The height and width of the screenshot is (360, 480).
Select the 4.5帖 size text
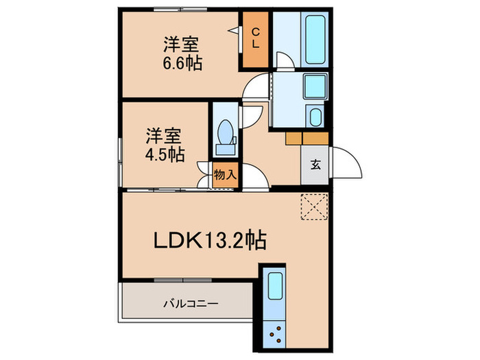point(164,154)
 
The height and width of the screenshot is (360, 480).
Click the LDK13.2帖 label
point(209,241)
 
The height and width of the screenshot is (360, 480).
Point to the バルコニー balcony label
point(190,302)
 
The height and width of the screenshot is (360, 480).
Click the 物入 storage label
point(225,174)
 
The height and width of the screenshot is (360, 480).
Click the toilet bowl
point(224,133)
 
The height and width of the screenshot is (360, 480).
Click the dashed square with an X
point(315,206)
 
